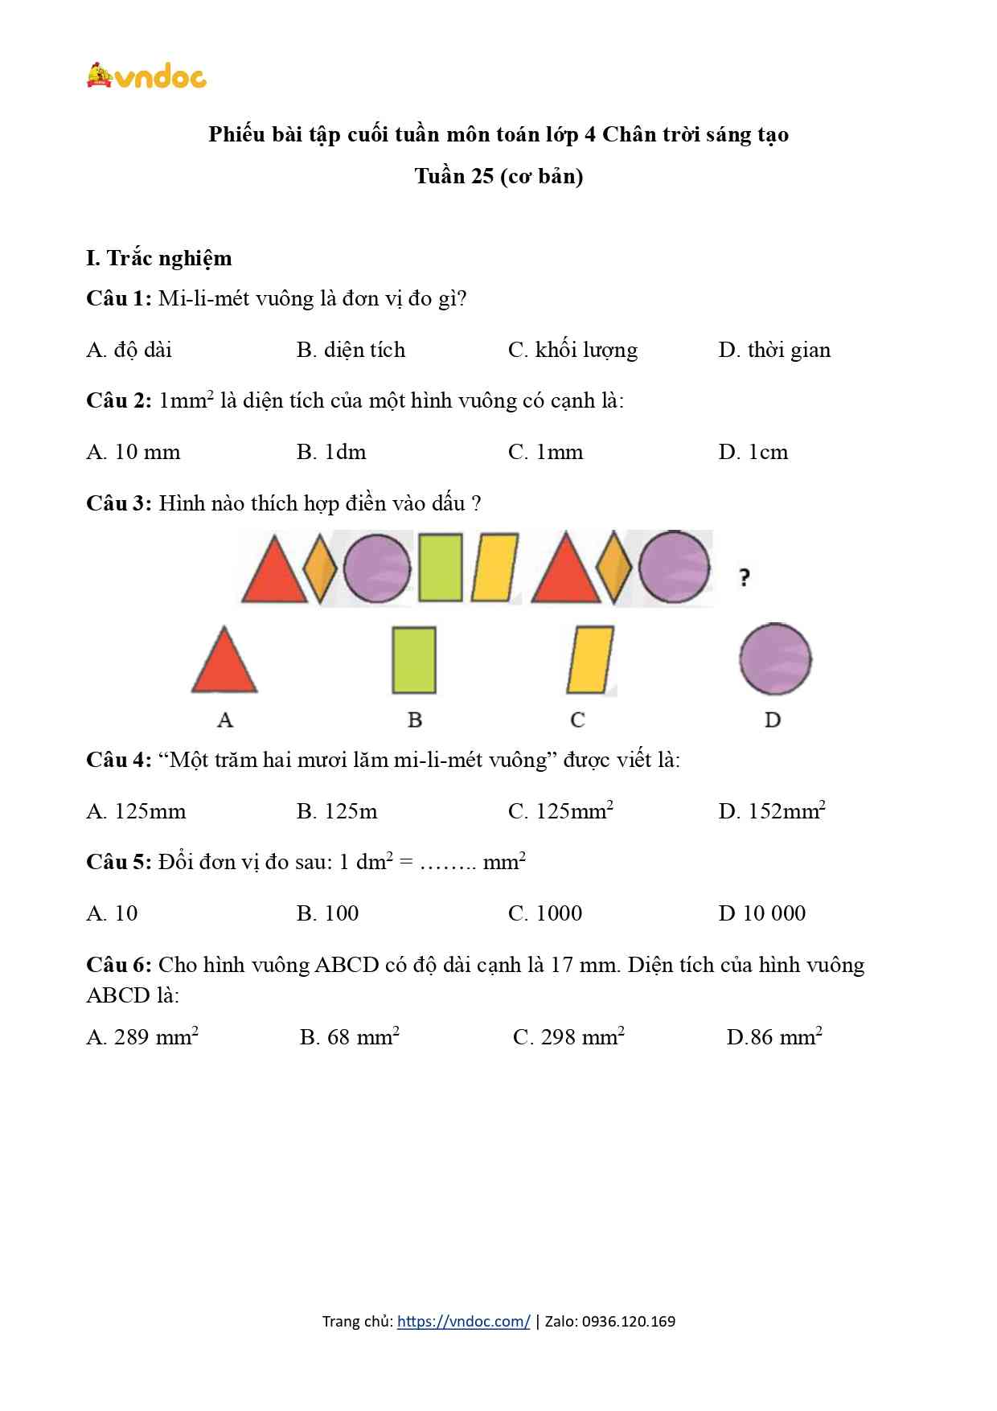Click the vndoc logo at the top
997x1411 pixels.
pyautogui.click(x=146, y=76)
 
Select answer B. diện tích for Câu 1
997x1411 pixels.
pyautogui.click(x=351, y=350)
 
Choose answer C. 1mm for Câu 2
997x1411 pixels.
pyautogui.click(x=545, y=452)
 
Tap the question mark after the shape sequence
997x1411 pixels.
pyautogui.click(x=745, y=576)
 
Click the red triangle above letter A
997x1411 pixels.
pyautogui.click(x=224, y=662)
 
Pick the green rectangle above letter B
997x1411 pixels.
pyautogui.click(x=414, y=660)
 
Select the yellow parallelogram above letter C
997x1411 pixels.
pyautogui.click(x=590, y=660)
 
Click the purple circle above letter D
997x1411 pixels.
pyautogui.click(x=775, y=659)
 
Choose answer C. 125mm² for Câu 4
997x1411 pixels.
pyautogui.click(x=560, y=810)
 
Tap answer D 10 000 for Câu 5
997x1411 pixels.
pyautogui.click(x=761, y=913)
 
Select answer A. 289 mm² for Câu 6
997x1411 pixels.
pyautogui.click(x=142, y=1037)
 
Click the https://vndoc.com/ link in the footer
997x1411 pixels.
pyautogui.click(x=463, y=1321)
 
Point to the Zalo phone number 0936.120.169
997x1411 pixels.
pyautogui.click(x=628, y=1321)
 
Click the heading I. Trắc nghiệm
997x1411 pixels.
pyautogui.click(x=159, y=258)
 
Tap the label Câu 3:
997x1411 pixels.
pyautogui.click(x=119, y=503)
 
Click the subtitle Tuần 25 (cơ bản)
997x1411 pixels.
pyautogui.click(x=498, y=176)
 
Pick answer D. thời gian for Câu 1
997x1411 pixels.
pyautogui.click(x=774, y=350)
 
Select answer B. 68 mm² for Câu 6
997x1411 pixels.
pyautogui.click(x=350, y=1037)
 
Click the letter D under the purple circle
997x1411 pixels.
pyautogui.click(x=773, y=720)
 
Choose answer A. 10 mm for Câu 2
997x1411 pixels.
pyautogui.click(x=133, y=452)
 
